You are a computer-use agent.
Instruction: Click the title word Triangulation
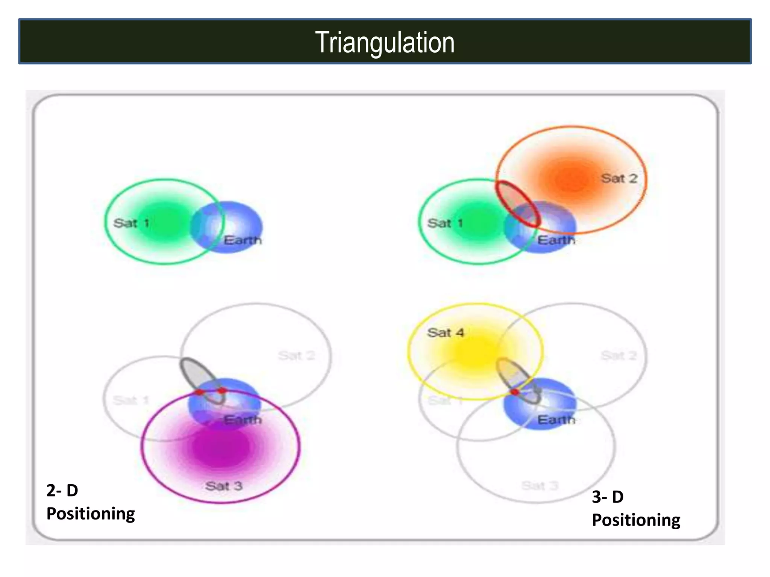385,42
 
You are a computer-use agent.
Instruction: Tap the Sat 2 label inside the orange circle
619,178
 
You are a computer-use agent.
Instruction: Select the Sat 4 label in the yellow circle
446,332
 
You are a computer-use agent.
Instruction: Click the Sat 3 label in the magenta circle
224,486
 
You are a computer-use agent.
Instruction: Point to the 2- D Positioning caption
90,502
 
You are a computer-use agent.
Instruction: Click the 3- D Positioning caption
636,508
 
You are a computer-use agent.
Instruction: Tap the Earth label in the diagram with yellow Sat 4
556,420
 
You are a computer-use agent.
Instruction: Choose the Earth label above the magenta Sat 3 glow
243,420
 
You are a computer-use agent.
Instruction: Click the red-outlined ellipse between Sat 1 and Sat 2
517,204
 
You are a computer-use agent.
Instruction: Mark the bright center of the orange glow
572,180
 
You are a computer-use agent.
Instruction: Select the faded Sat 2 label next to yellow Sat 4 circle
618,355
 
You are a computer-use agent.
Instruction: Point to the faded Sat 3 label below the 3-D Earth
540,486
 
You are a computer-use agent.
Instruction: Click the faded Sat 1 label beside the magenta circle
131,400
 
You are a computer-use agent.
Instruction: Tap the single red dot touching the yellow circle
515,392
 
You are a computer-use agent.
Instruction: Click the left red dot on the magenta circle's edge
199,392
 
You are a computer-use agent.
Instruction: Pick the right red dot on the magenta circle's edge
222,391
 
